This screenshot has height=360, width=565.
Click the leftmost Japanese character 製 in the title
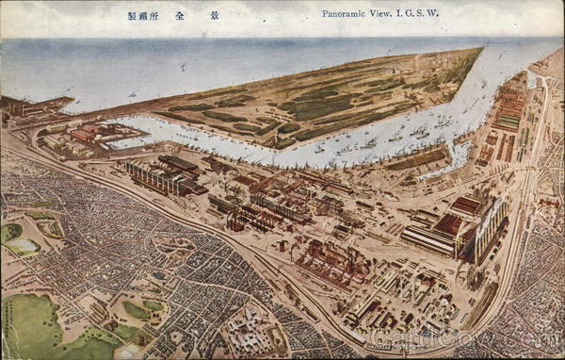[x=132, y=15]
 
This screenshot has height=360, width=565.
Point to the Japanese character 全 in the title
[x=179, y=15]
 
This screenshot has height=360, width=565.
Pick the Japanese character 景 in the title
[x=214, y=15]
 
